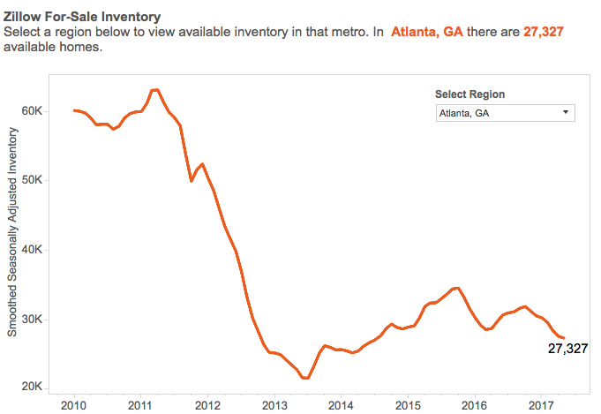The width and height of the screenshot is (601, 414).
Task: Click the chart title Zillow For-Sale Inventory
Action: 82,16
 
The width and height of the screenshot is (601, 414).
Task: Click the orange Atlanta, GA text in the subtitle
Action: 426,32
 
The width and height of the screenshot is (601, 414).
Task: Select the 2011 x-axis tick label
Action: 141,404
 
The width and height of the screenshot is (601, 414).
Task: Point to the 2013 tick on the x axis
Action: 274,404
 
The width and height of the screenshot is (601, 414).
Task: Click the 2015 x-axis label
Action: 408,404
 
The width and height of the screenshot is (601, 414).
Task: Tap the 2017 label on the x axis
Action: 541,404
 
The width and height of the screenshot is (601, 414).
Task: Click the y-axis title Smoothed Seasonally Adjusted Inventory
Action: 13,231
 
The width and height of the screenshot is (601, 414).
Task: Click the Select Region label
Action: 470,94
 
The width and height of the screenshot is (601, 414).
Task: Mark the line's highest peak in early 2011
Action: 155,90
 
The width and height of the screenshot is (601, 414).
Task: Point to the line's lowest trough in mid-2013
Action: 306,378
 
